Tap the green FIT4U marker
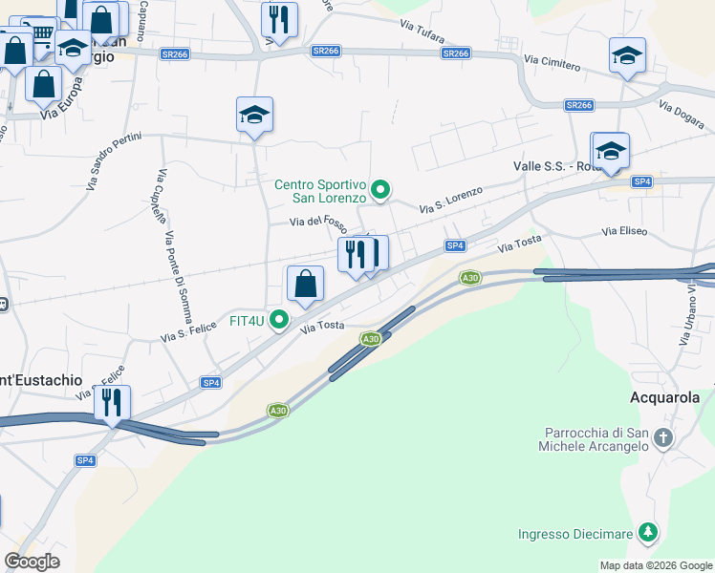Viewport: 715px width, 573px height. (x=279, y=320)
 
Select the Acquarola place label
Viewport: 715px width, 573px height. (x=665, y=397)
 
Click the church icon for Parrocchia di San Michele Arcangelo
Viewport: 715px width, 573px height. (x=664, y=438)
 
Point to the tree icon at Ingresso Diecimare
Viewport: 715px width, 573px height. (x=649, y=533)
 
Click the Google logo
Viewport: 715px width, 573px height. (x=32, y=562)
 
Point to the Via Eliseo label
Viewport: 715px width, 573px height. (x=624, y=231)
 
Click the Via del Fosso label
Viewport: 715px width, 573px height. (x=318, y=222)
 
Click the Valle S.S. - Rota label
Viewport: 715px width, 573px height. (x=554, y=165)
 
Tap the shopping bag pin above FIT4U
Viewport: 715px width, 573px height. (x=305, y=285)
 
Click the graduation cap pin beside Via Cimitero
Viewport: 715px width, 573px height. (x=627, y=55)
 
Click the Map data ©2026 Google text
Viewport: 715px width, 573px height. (x=655, y=564)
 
